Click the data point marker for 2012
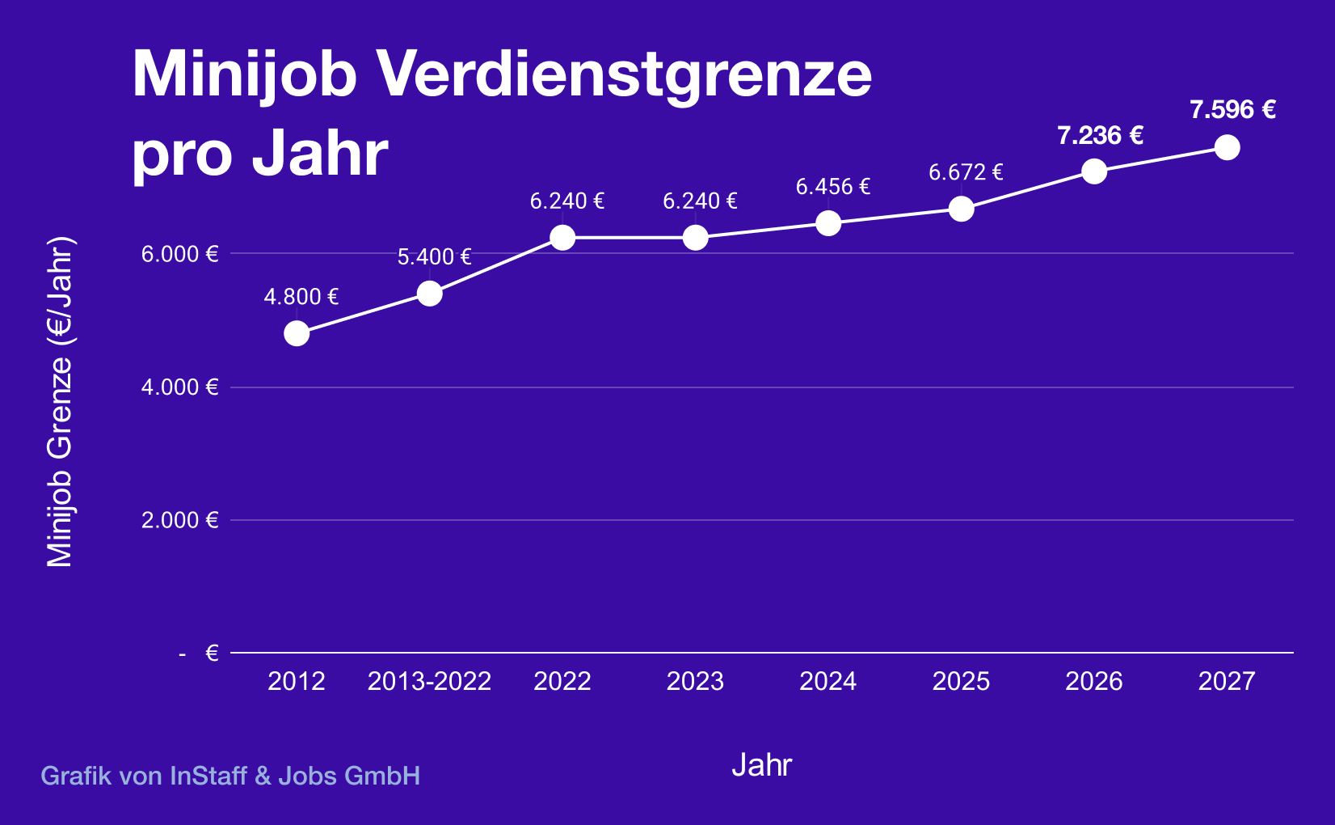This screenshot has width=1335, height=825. (297, 333)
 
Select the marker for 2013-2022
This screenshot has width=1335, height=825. (429, 294)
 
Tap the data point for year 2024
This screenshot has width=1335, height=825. (828, 223)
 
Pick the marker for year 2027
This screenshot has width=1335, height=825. (1227, 147)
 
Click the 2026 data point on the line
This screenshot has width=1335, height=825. (1094, 171)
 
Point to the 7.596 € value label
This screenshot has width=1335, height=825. (1232, 110)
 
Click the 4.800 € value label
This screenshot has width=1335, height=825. (301, 297)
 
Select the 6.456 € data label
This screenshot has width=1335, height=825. (832, 187)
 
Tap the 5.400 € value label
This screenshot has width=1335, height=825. (434, 257)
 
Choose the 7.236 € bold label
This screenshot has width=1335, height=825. (1100, 135)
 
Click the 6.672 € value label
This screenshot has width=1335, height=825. (966, 172)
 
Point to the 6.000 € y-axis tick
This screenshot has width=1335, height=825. (179, 254)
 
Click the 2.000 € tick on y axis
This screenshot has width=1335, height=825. (179, 520)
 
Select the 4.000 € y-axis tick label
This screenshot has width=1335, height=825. (179, 387)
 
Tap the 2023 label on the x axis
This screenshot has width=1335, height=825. (695, 681)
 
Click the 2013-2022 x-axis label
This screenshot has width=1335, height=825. (429, 681)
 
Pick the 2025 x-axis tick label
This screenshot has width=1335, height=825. (961, 681)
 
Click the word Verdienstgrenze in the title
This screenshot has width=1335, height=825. (625, 75)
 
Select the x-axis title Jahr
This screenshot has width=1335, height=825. (761, 765)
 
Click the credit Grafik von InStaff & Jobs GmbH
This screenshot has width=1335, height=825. (230, 776)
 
